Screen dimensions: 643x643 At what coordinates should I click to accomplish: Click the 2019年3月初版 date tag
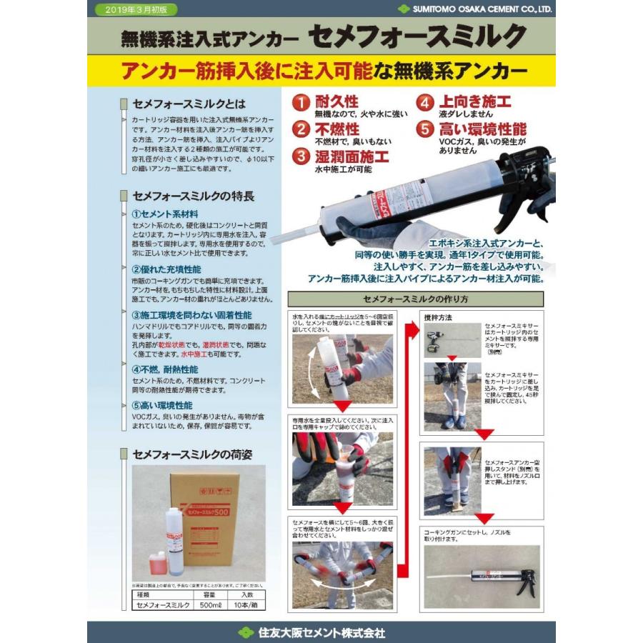(x=135, y=10)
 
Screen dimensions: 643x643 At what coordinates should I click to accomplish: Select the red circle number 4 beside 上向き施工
(x=426, y=103)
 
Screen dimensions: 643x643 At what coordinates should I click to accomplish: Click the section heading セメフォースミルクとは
(x=189, y=104)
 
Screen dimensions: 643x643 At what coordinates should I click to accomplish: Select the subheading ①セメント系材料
(x=165, y=214)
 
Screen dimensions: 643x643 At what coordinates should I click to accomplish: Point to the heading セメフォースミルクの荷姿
(x=192, y=454)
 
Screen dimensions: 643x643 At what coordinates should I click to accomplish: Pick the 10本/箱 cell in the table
(x=246, y=605)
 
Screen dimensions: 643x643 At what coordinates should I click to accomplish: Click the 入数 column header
(x=246, y=594)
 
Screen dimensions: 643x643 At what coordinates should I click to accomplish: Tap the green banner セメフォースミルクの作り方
(x=415, y=299)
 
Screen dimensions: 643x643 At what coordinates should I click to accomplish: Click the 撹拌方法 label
(x=437, y=316)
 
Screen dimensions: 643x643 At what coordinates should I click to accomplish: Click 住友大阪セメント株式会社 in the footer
(x=321, y=632)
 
